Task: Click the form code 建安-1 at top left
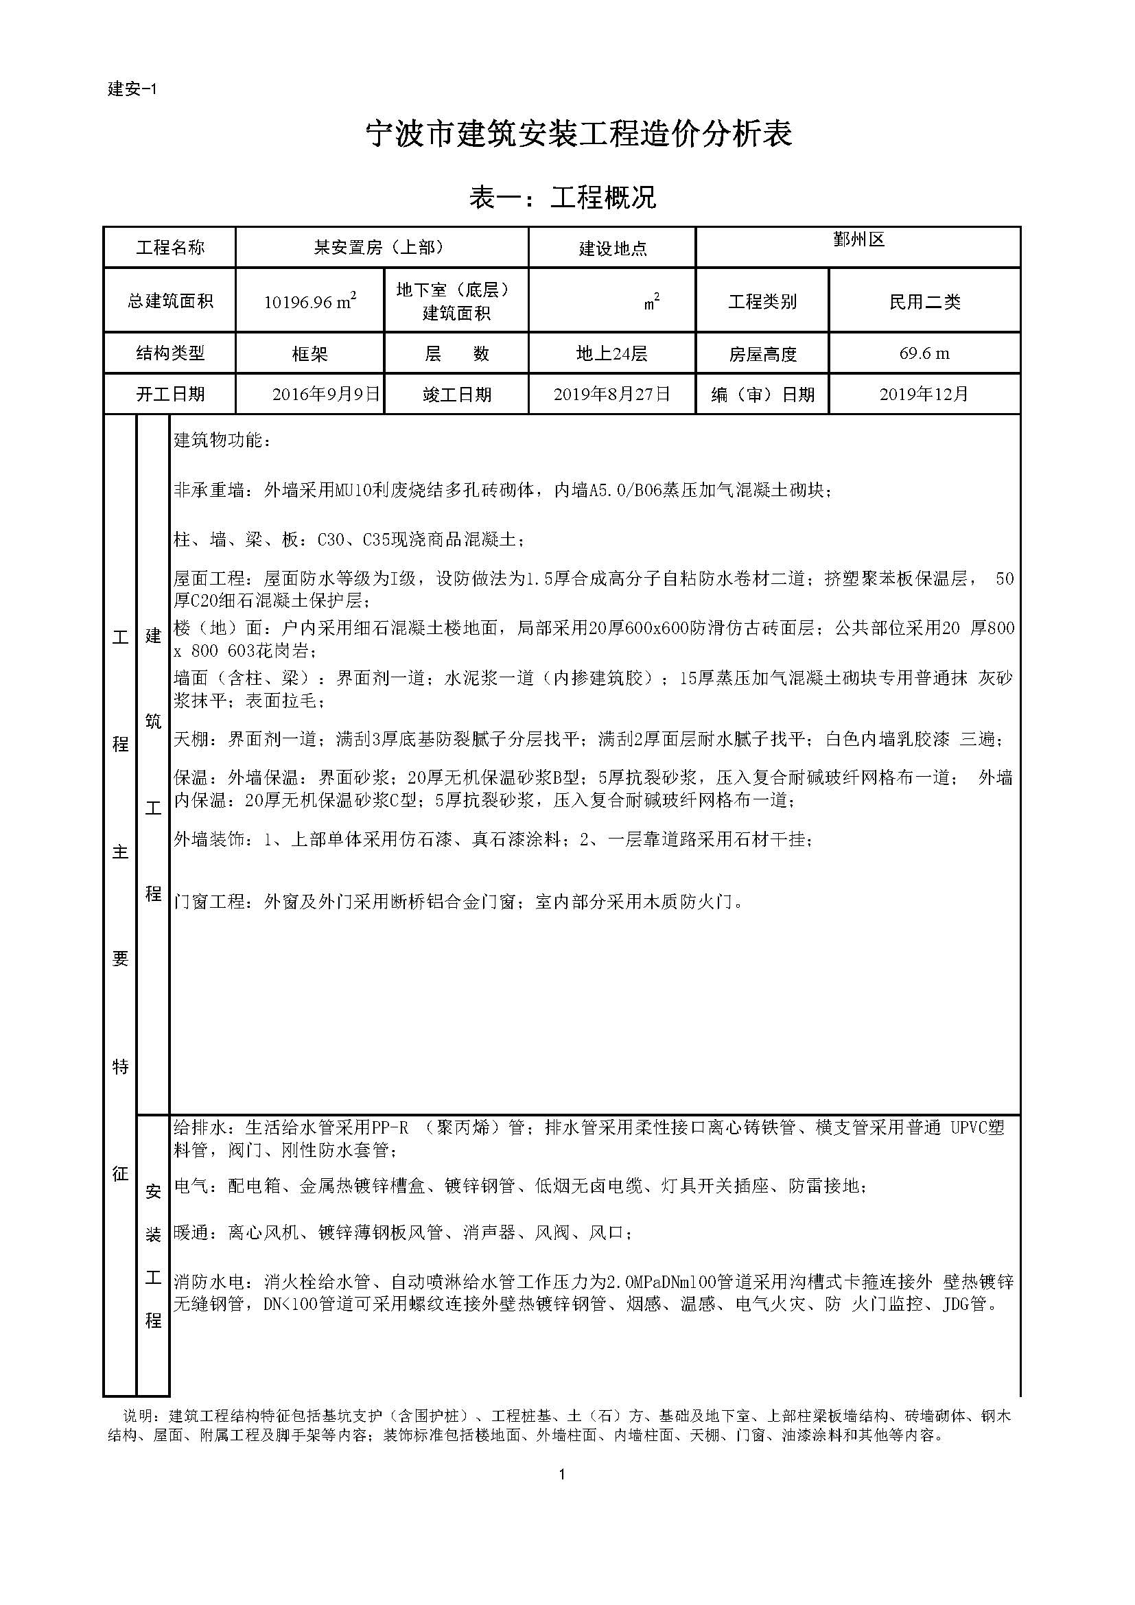pos(133,89)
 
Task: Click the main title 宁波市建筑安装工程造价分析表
pos(579,134)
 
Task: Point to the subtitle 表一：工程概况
pos(563,198)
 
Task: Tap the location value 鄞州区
pos(859,239)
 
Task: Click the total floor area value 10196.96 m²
pos(310,301)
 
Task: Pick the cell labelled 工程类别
pos(762,302)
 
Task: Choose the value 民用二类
pos(924,302)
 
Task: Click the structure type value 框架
pos(309,354)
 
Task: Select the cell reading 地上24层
pos(611,353)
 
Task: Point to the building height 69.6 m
pos(924,353)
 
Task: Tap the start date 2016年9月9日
pos(326,395)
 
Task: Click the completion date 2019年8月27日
pos(611,395)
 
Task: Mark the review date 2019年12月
pos(924,395)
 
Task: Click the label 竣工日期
pos(456,395)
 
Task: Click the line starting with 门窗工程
pos(458,902)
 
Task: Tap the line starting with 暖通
pos(403,1232)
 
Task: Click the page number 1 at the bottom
pos(562,1475)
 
